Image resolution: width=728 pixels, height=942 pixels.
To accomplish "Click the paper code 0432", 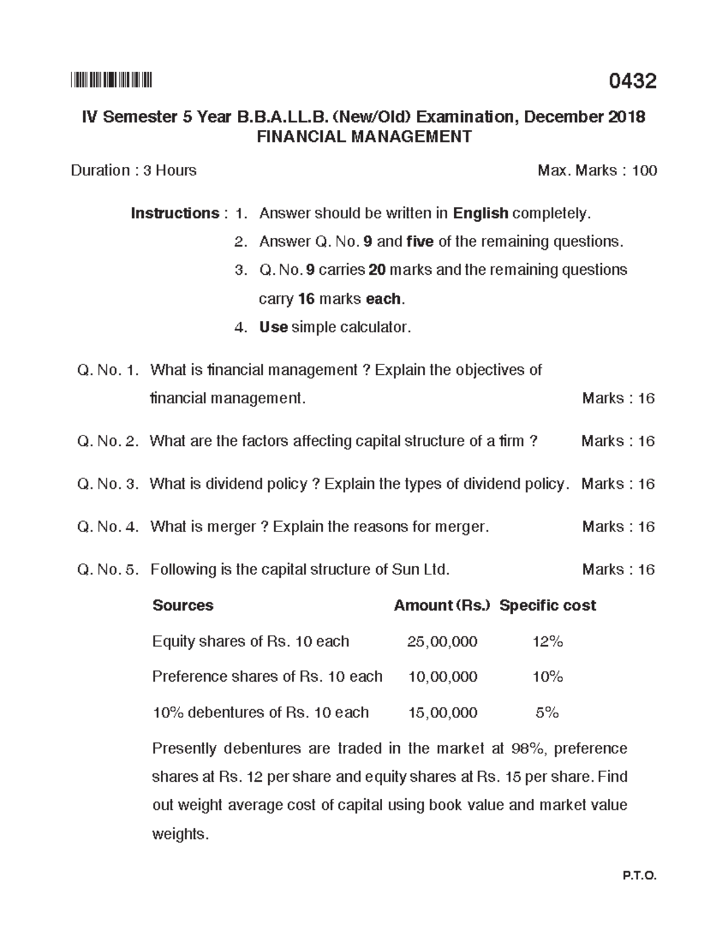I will pyautogui.click(x=633, y=81).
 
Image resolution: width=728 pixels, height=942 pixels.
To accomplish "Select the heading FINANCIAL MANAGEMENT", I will pyautogui.click(x=364, y=136).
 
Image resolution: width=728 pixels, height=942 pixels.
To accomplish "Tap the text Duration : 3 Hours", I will pyautogui.click(x=133, y=170).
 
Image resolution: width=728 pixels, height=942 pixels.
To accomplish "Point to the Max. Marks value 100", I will pyautogui.click(x=644, y=170).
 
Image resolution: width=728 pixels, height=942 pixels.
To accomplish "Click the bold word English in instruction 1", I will pyautogui.click(x=480, y=214).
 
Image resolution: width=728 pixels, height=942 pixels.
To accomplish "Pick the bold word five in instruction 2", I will pyautogui.click(x=420, y=242).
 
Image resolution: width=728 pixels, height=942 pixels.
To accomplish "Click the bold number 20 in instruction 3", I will pyautogui.click(x=377, y=270).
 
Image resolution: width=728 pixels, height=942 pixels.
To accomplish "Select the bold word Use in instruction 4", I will pyautogui.click(x=273, y=328).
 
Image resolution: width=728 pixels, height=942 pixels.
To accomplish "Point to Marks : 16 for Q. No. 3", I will pyautogui.click(x=618, y=484).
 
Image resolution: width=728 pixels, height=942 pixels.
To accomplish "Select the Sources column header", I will pyautogui.click(x=183, y=605).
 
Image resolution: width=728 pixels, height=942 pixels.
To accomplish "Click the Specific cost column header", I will pyautogui.click(x=547, y=605).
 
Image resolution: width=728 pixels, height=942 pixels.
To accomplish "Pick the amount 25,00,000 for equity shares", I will pyautogui.click(x=442, y=642).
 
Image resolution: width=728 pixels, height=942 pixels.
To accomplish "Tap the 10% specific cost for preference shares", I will pyautogui.click(x=547, y=677).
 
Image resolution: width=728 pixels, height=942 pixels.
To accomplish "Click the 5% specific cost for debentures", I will pyautogui.click(x=547, y=713).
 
